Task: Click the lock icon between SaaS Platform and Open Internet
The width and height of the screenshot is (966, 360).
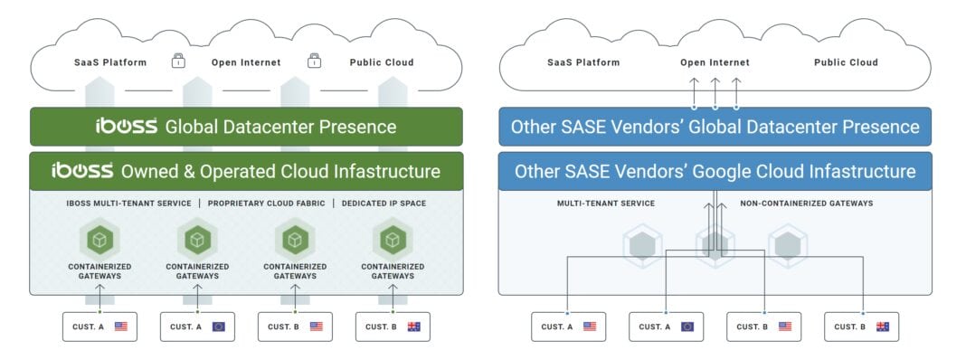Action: click(179, 62)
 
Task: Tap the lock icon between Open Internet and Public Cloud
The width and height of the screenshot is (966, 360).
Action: click(314, 62)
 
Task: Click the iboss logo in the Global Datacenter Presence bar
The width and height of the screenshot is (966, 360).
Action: click(127, 127)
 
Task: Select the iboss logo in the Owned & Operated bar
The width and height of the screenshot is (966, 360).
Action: click(80, 171)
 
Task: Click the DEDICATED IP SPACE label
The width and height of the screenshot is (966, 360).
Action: click(384, 204)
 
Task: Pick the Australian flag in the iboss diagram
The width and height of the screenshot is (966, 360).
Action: click(413, 327)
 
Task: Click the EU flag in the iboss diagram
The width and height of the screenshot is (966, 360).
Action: click(218, 327)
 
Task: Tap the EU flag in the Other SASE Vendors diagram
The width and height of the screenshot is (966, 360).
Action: click(687, 327)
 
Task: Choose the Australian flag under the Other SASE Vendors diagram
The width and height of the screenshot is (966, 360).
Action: click(882, 327)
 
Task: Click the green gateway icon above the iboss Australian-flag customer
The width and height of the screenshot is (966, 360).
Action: click(392, 241)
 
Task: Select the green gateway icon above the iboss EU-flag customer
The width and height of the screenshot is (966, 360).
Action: click(197, 241)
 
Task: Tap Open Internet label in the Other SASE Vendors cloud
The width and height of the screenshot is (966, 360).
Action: click(715, 62)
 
